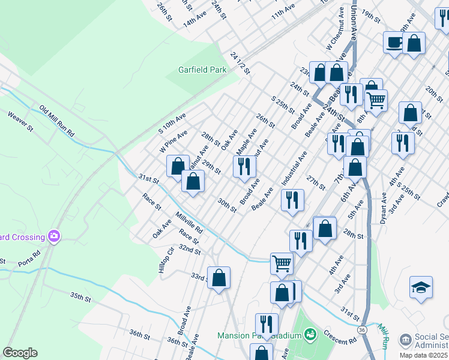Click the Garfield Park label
(202, 70)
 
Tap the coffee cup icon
(394, 43)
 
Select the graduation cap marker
(421, 288)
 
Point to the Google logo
(20, 353)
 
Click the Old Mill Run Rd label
(56, 120)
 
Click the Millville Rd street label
(189, 222)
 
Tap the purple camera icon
(55, 236)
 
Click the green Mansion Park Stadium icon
(310, 334)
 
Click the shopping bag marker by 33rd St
(219, 278)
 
